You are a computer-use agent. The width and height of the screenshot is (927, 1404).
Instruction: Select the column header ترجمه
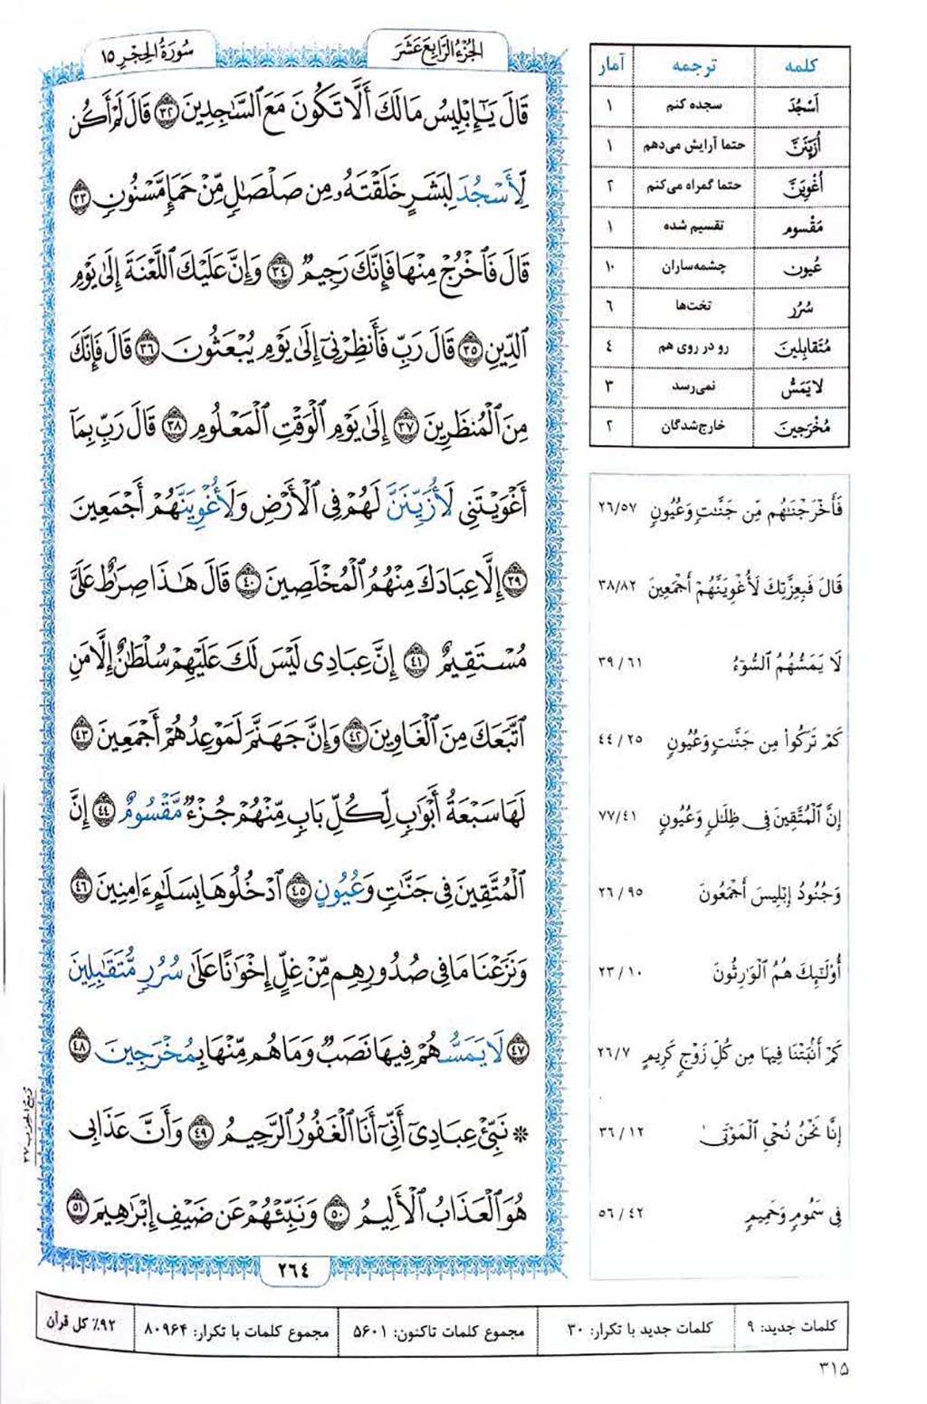(x=693, y=65)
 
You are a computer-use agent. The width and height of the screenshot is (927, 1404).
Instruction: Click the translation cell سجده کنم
(x=693, y=104)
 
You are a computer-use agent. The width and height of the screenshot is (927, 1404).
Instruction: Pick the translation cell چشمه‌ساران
(x=693, y=267)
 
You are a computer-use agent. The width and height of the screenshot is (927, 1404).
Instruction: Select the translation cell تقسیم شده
(x=693, y=226)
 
